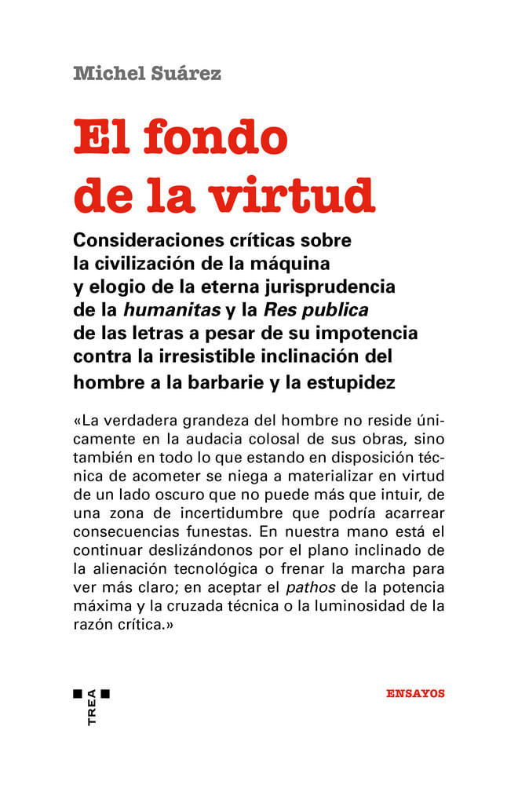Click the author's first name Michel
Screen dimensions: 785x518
pyautogui.click(x=103, y=75)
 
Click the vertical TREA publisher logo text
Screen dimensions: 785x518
pyautogui.click(x=92, y=707)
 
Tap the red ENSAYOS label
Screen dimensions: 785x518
pyautogui.click(x=416, y=693)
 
